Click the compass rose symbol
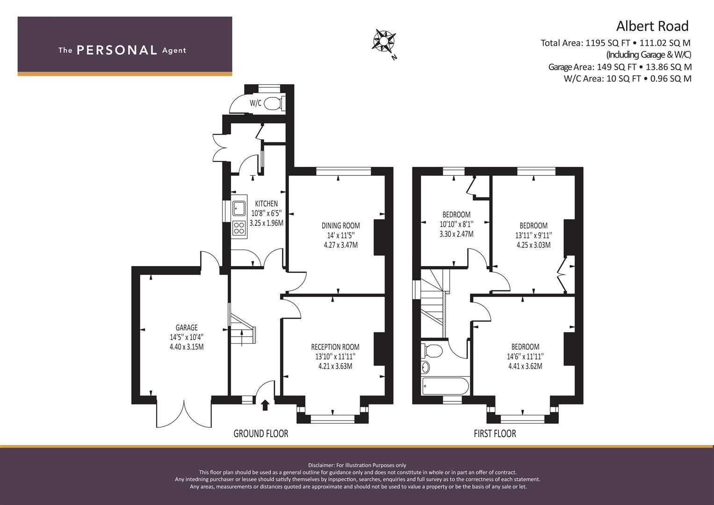coord(384,41)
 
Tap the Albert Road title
coord(652,26)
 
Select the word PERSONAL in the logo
coord(117,50)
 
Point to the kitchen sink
coord(239,208)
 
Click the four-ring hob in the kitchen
coord(239,228)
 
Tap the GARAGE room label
coord(187,327)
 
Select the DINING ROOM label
coord(340,226)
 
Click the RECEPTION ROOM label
coord(335,347)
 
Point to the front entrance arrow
coord(265,405)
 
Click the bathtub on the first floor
coord(445,386)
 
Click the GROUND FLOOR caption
coord(261,433)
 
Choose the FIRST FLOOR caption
coord(495,433)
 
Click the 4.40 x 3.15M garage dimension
coord(187,346)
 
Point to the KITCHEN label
coord(266,203)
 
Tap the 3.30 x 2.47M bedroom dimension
coord(456,234)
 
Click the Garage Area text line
coord(620,67)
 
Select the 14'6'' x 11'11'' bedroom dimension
coord(525,356)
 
